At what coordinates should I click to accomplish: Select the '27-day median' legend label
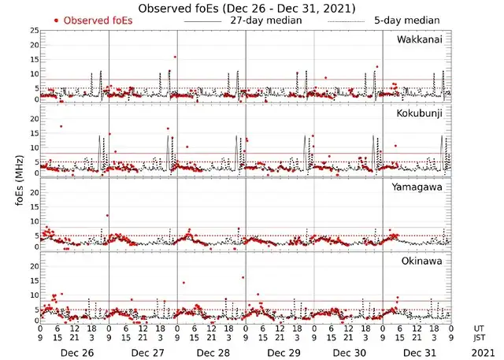[265, 20]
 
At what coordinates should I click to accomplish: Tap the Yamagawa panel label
[419, 187]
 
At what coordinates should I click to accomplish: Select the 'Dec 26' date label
[76, 352]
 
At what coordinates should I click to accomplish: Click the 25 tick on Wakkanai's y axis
[33, 30]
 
